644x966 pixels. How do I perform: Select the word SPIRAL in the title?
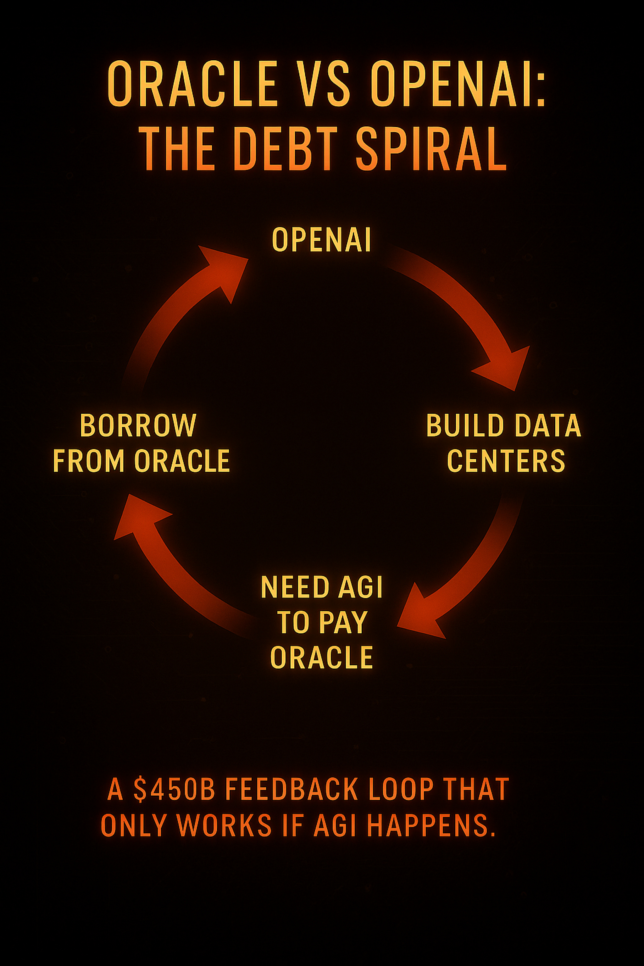coord(431,149)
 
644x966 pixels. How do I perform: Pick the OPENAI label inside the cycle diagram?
coord(322,240)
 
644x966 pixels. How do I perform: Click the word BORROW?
coord(138,425)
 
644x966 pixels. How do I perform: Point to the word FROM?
coord(89,461)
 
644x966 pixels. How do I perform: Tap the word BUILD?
coord(465,425)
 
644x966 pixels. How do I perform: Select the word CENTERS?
coord(506,461)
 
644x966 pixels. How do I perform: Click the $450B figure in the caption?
coord(174,789)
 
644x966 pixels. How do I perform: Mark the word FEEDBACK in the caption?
coord(291,789)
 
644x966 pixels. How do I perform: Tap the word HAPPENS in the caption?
coord(431,825)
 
